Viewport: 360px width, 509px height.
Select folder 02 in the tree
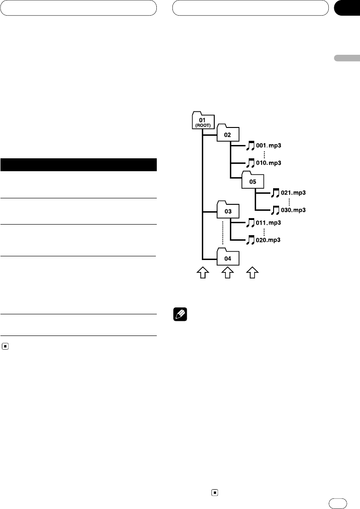click(227, 133)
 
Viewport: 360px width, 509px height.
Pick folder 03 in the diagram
click(227, 211)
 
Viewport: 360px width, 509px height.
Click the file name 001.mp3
click(269, 145)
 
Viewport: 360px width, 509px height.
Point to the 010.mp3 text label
click(269, 162)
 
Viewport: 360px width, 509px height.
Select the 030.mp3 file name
click(293, 209)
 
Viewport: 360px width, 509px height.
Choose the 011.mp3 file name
click(269, 223)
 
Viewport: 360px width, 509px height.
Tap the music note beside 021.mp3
click(275, 192)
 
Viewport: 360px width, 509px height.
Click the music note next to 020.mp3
click(250, 240)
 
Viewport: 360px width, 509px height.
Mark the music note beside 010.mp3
click(250, 162)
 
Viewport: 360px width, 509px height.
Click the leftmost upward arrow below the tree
click(202, 274)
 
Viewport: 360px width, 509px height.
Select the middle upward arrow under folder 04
click(227, 274)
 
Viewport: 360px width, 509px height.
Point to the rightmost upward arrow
click(251, 274)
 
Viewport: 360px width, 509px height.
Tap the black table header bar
click(79, 164)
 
